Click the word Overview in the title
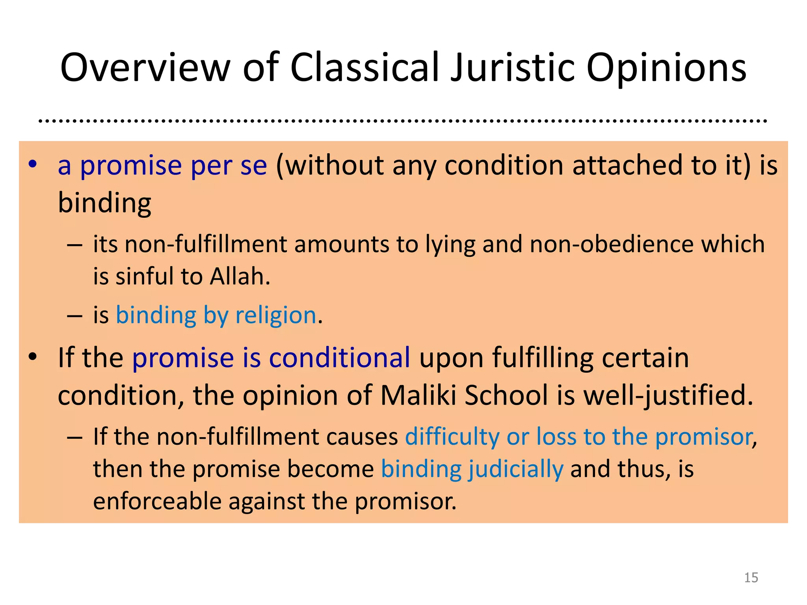[x=145, y=68]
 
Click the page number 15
[x=751, y=577]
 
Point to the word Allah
[x=240, y=276]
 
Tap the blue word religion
[x=276, y=315]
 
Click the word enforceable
[x=157, y=501]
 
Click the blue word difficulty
[x=452, y=437]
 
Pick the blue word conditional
[x=340, y=358]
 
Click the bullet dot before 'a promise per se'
[x=33, y=164]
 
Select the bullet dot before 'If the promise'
[x=33, y=357]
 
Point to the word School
[x=506, y=395]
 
